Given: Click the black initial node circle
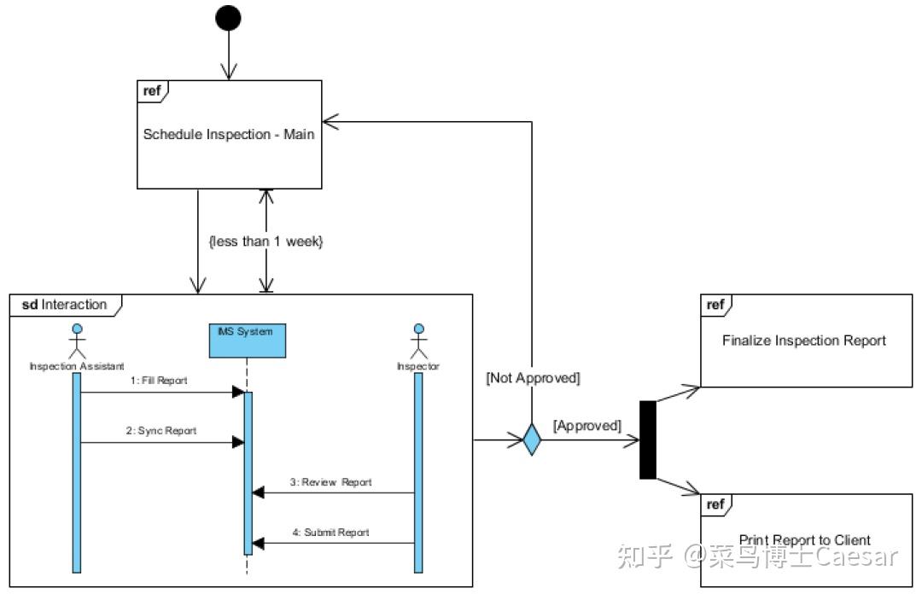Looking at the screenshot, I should pyautogui.click(x=228, y=18).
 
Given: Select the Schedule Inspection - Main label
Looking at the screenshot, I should pyautogui.click(x=229, y=134).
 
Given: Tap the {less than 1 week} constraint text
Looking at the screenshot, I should pyautogui.click(x=266, y=242).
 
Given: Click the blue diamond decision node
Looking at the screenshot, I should pyautogui.click(x=532, y=440).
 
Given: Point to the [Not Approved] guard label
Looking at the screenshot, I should pyautogui.click(x=533, y=377).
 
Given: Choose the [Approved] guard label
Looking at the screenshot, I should pyautogui.click(x=587, y=425).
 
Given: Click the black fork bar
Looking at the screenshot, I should pyautogui.click(x=648, y=440).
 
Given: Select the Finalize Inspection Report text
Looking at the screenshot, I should pyautogui.click(x=804, y=341).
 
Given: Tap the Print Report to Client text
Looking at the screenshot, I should pyautogui.click(x=804, y=539).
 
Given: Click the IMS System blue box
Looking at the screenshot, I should pyautogui.click(x=246, y=340).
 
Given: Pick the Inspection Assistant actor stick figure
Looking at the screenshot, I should pyautogui.click(x=78, y=341).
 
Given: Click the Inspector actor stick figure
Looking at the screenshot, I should pyautogui.click(x=418, y=341).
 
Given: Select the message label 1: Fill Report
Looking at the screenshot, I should pyautogui.click(x=159, y=380).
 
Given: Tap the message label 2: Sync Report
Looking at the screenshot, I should pyautogui.click(x=161, y=430).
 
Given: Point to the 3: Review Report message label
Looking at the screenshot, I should pyautogui.click(x=330, y=482).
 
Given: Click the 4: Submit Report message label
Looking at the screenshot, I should pyautogui.click(x=330, y=533).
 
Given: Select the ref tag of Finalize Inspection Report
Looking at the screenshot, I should pyautogui.click(x=715, y=305).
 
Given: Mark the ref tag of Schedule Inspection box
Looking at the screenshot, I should pyautogui.click(x=153, y=90).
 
